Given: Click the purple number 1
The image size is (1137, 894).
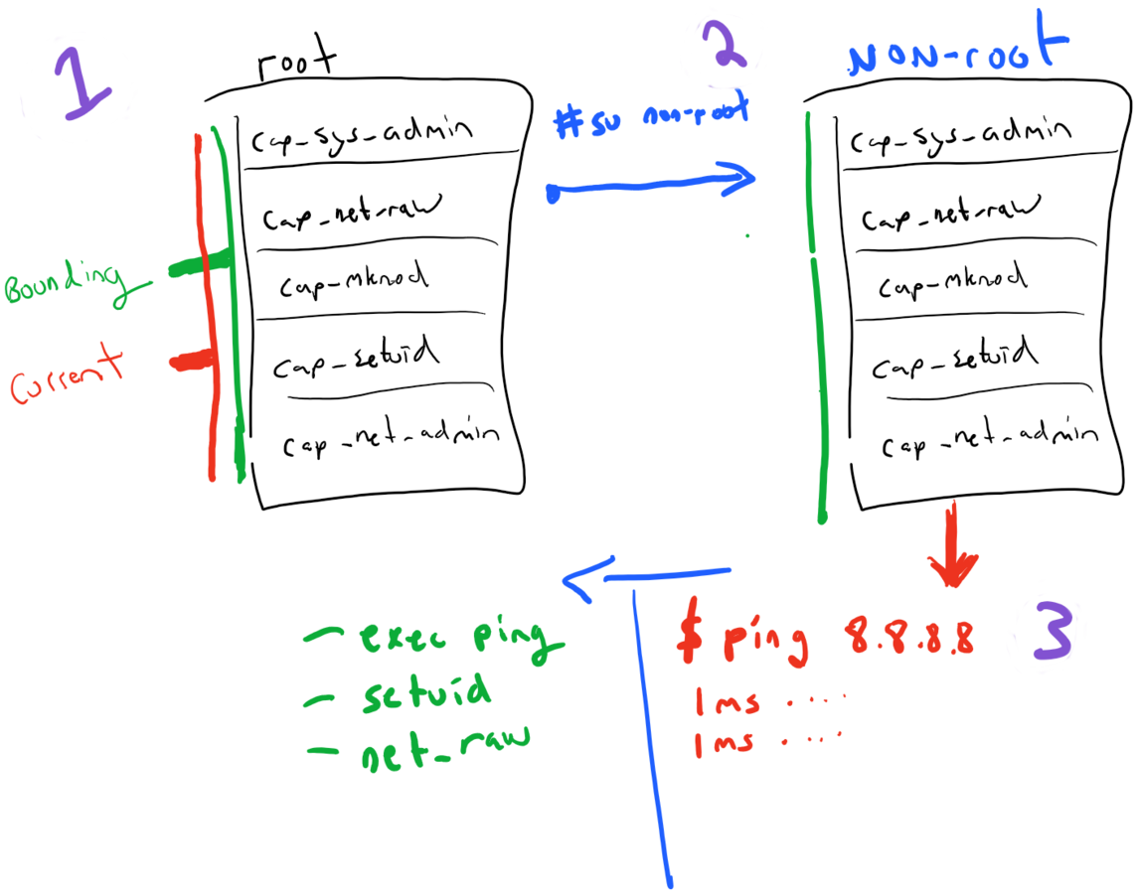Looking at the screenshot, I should [81, 84].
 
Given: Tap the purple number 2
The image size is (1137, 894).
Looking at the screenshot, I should [726, 45].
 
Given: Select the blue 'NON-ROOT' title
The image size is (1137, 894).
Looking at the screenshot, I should [956, 55].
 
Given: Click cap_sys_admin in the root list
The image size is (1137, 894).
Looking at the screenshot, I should [361, 137].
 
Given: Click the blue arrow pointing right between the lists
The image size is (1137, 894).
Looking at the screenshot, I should [651, 186].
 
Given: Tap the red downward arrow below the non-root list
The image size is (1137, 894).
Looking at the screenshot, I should [952, 551].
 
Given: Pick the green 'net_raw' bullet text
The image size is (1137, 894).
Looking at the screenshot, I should [419, 742].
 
